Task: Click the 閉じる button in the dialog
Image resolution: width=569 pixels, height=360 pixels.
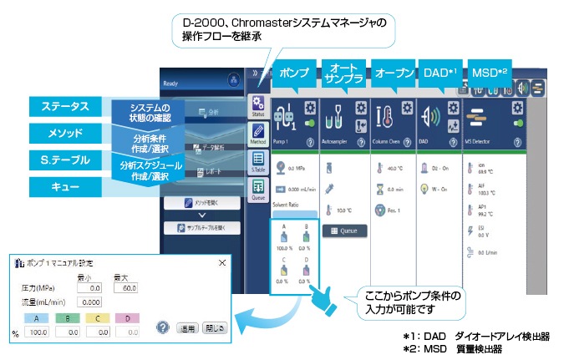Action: (214, 328)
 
